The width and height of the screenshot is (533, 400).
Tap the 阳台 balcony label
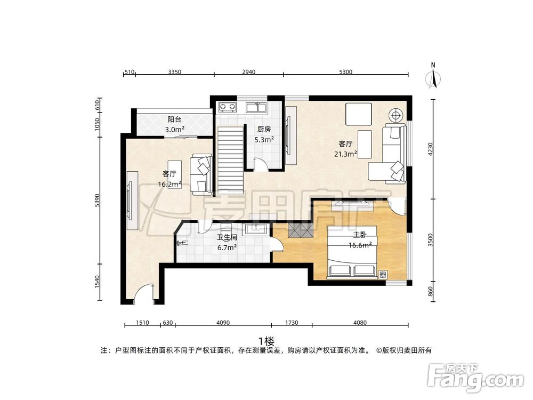pos(174,119)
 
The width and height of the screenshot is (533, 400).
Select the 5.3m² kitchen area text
pos(264,139)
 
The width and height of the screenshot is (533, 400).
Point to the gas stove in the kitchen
pos(228,107)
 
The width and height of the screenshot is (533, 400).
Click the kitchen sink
pos(256,107)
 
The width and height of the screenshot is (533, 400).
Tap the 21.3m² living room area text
pos(345,154)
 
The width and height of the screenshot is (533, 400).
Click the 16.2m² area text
pos(169,184)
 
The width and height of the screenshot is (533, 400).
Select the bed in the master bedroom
pos(352,252)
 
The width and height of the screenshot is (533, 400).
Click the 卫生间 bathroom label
pos(227,237)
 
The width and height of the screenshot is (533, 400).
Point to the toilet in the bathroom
pos(181,243)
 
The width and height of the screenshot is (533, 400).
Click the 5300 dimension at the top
pos(345,72)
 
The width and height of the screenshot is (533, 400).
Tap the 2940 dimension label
pos(248,72)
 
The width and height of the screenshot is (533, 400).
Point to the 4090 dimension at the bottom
pos(223,323)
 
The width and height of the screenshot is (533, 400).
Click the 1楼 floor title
pos(266,340)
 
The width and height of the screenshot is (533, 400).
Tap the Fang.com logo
pos(475,378)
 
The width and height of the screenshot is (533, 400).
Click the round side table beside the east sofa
pos(396,116)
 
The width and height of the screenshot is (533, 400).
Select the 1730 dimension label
pos(292,323)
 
